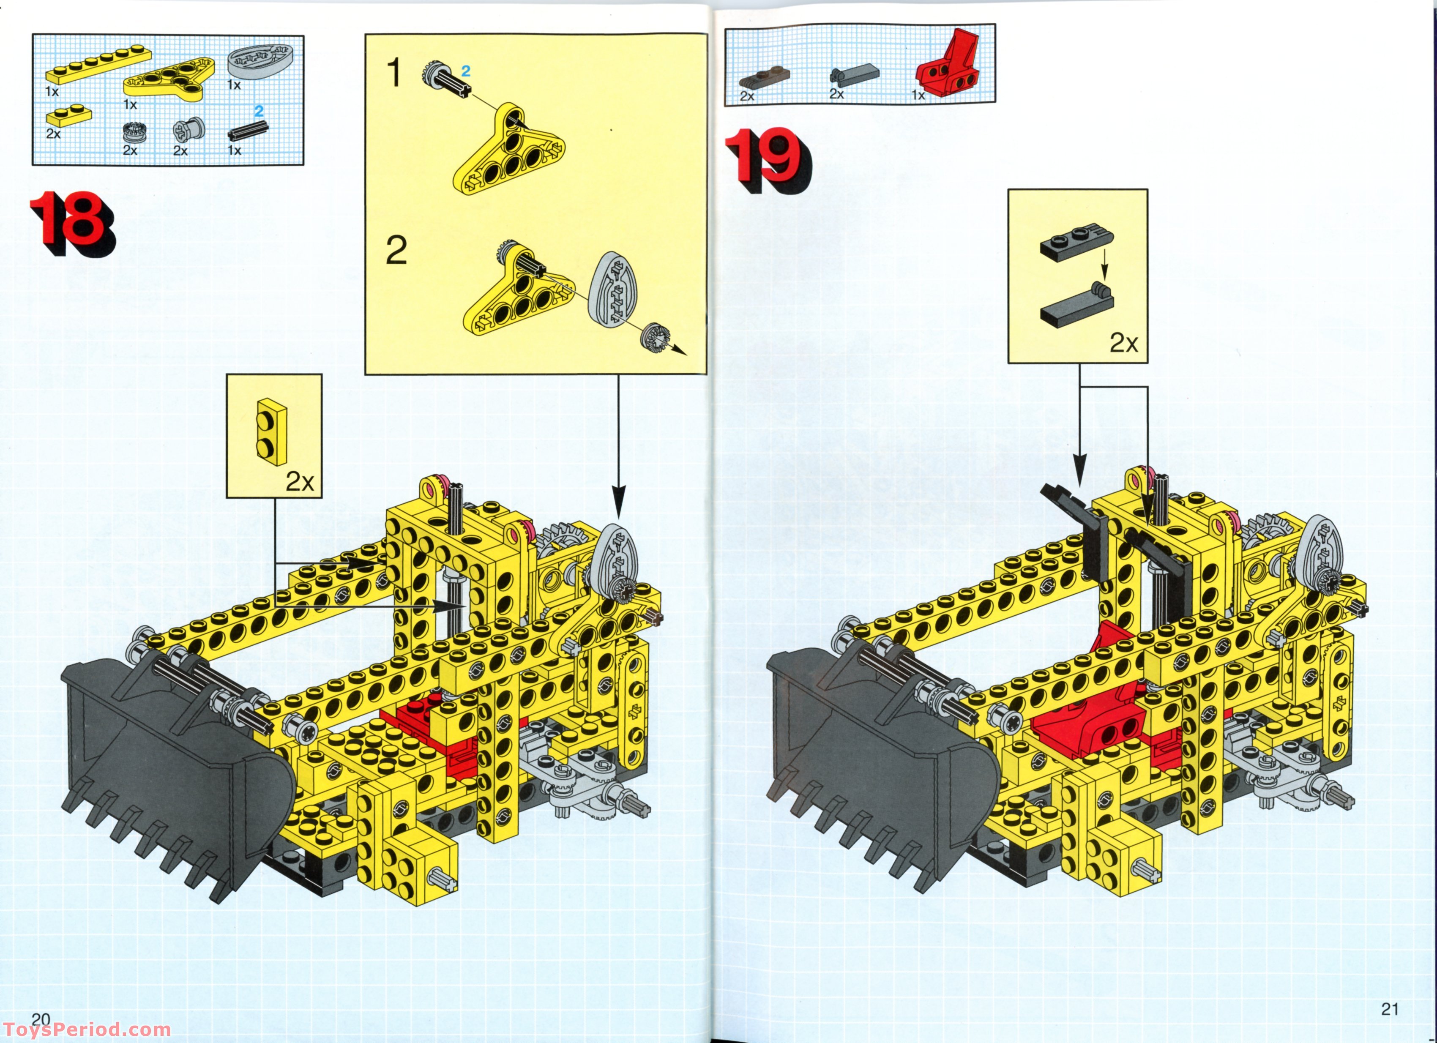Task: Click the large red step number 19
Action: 767,158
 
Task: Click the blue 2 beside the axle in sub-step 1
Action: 466,71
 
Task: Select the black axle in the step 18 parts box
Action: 247,131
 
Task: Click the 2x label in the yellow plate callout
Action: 299,482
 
